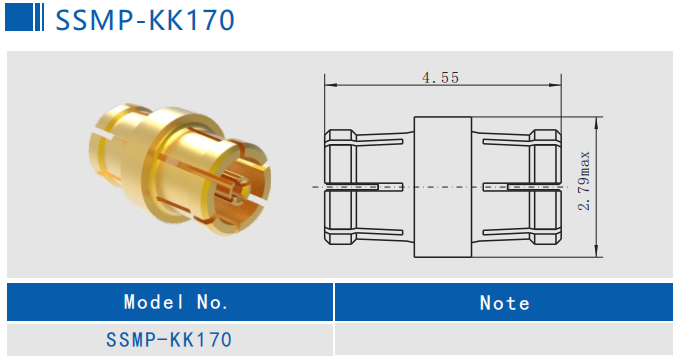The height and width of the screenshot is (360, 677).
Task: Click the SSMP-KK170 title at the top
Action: pyautogui.click(x=144, y=19)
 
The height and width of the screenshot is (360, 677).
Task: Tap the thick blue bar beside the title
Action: pyautogui.click(x=19, y=18)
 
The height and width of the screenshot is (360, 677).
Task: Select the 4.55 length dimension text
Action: pyautogui.click(x=440, y=77)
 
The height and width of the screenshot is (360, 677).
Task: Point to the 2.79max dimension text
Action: pyautogui.click(x=585, y=180)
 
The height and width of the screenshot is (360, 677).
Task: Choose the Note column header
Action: pyautogui.click(x=505, y=301)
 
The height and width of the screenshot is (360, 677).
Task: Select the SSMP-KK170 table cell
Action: pyautogui.click(x=169, y=340)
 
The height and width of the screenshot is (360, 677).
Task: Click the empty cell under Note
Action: pyautogui.click(x=505, y=340)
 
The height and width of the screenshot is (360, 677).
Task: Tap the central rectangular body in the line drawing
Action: pyautogui.click(x=441, y=186)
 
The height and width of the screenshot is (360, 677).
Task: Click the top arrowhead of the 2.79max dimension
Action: pyautogui.click(x=597, y=121)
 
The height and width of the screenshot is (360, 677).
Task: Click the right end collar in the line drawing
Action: pyautogui.click(x=545, y=186)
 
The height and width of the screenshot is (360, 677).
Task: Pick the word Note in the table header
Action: pyautogui.click(x=505, y=301)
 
